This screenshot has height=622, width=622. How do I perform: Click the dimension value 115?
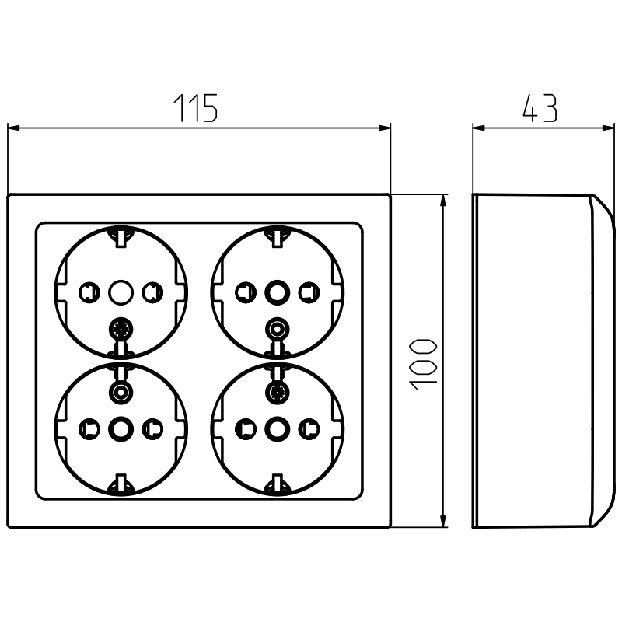[194, 109]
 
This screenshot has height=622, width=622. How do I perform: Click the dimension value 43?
[540, 109]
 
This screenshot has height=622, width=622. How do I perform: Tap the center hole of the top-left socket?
[120, 292]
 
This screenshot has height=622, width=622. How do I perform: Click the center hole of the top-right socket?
[276, 292]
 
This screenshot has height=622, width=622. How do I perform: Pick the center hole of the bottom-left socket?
[120, 427]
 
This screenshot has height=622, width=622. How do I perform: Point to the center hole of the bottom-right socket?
[276, 427]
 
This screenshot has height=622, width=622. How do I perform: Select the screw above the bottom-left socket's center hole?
[120, 392]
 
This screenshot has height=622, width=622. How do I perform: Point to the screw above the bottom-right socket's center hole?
[276, 392]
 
